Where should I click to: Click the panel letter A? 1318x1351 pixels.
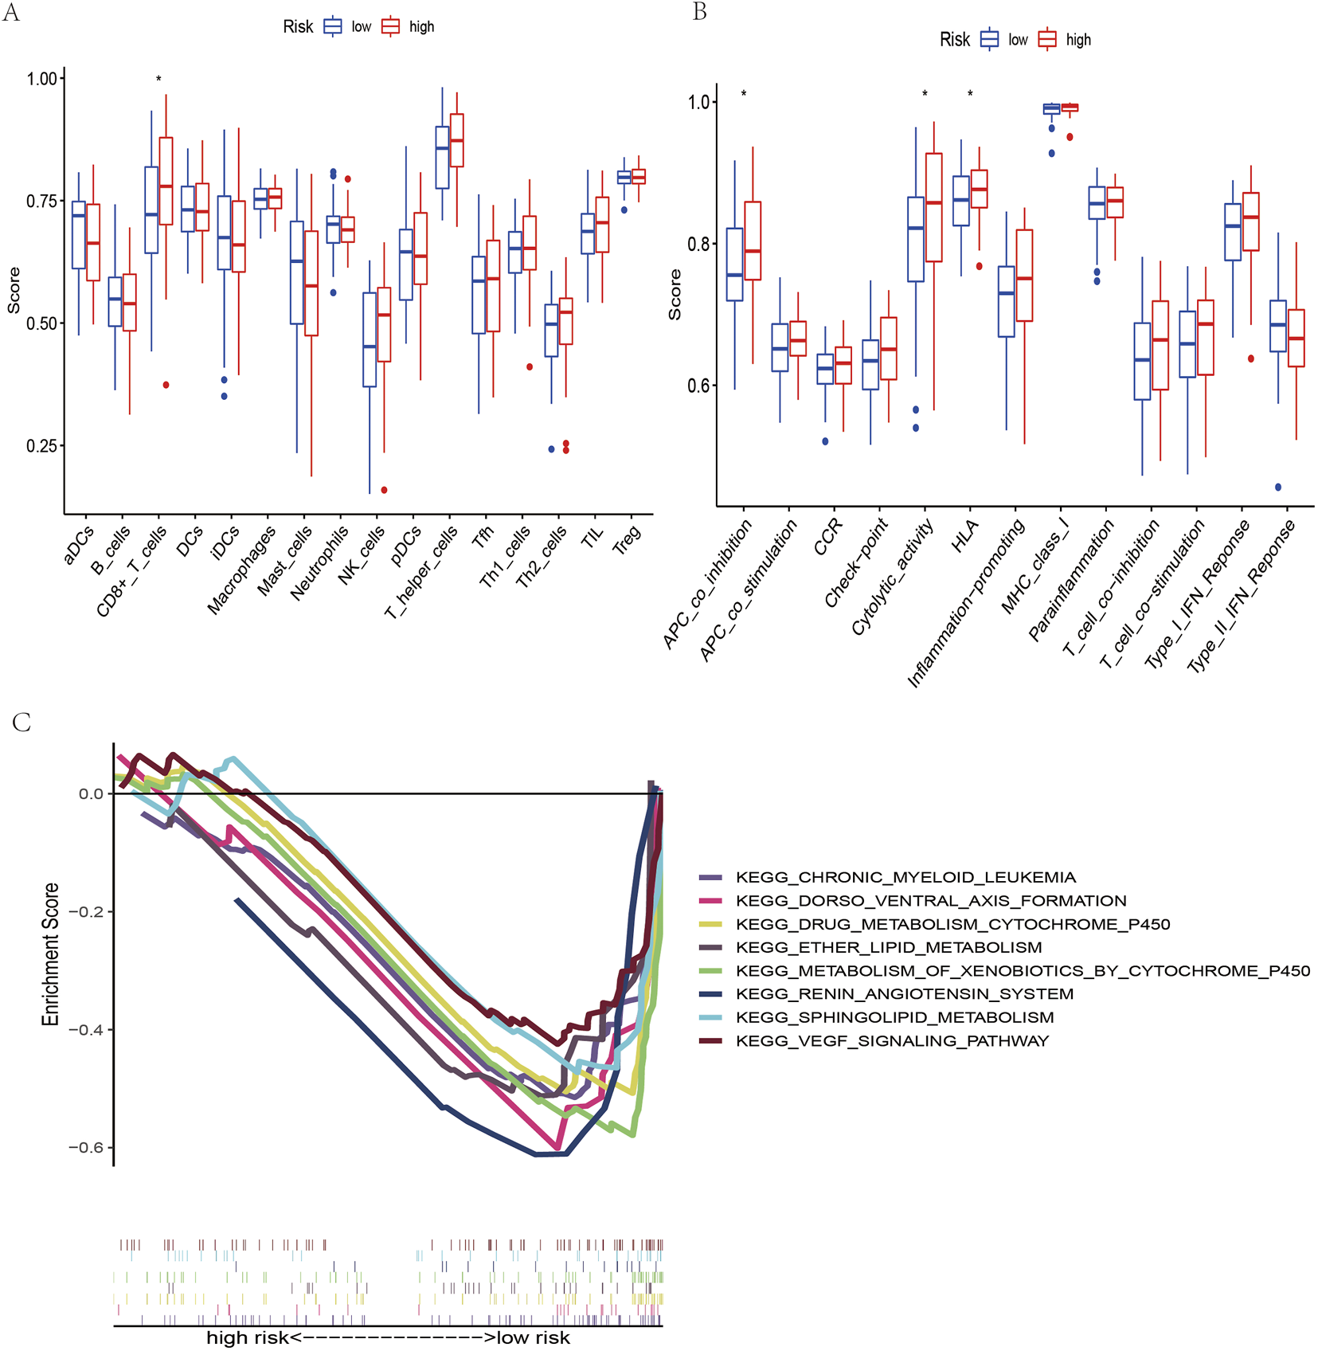11,14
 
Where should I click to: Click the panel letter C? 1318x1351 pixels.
22,722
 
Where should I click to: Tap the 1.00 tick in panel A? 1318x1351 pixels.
41,79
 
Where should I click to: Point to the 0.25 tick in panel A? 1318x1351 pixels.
41,446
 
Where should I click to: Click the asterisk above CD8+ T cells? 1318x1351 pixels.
158,79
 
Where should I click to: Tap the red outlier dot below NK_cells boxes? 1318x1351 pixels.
384,490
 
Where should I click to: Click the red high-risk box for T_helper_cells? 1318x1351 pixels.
456,140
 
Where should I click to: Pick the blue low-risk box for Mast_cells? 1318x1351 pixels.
296,272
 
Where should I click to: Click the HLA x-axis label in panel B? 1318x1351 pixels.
965,536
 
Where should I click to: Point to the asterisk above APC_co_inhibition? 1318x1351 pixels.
744,94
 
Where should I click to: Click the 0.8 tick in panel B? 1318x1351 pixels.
698,244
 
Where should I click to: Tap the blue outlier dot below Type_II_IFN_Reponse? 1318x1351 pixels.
1278,487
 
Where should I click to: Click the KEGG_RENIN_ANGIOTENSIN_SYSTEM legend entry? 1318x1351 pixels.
904,994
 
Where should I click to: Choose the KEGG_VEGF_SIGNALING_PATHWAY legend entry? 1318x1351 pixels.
892,1041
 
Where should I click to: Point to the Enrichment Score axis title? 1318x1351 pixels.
51,954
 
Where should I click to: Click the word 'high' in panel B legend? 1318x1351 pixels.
1078,40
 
